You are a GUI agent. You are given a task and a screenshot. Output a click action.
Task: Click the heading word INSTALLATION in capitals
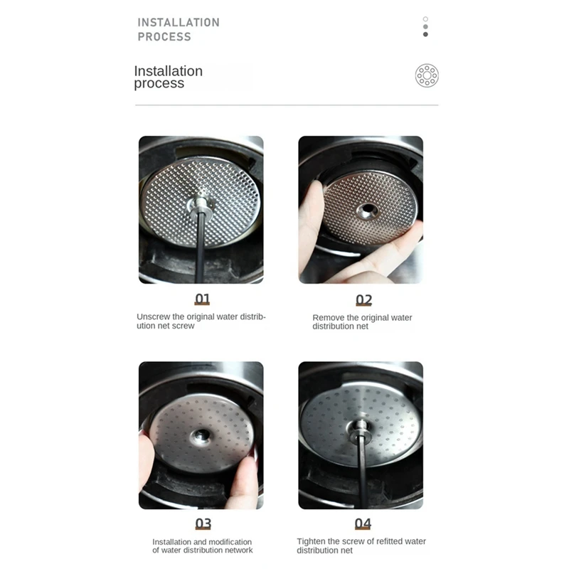(x=179, y=22)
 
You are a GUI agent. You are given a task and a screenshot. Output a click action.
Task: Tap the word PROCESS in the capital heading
(x=164, y=37)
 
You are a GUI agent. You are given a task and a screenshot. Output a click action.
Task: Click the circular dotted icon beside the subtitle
(x=427, y=75)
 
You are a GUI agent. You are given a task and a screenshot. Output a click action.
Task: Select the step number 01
(x=203, y=299)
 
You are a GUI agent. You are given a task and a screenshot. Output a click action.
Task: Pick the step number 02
(x=363, y=300)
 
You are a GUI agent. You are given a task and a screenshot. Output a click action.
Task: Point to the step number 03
(x=203, y=524)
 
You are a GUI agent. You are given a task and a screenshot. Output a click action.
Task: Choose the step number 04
(x=363, y=524)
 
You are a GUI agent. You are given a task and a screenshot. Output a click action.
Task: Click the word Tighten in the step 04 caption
(x=312, y=541)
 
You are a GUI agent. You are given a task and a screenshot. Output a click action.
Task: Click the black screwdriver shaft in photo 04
(x=362, y=469)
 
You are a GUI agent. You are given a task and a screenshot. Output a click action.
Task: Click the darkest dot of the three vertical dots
(x=425, y=34)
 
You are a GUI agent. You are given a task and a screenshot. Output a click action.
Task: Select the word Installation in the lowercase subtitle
(x=169, y=71)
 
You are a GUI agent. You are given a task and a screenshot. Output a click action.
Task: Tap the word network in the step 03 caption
(x=238, y=551)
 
